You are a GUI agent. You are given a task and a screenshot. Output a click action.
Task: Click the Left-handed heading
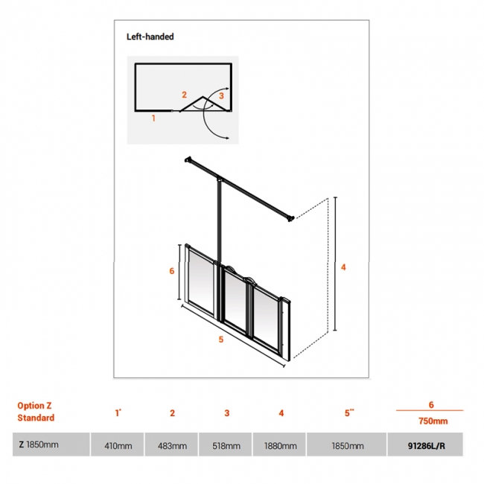tap(150, 36)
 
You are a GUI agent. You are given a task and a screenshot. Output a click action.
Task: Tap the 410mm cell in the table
tap(118, 446)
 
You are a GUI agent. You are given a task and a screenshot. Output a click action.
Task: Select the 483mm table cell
tap(172, 446)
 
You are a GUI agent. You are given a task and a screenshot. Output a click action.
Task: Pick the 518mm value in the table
tap(226, 446)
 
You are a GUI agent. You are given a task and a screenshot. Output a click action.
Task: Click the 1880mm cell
tap(280, 446)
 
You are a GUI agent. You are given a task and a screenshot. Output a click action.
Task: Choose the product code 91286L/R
tap(426, 446)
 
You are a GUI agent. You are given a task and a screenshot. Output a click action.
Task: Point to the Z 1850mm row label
tap(39, 445)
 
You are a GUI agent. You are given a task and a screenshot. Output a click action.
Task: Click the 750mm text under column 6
tap(433, 421)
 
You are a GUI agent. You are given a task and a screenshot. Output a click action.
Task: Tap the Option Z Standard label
tap(36, 412)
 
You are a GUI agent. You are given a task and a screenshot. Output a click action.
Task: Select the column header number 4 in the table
tap(281, 413)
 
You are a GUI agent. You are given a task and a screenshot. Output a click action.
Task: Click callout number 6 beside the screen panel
tap(172, 271)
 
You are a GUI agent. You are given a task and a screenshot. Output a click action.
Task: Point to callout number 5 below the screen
tap(220, 340)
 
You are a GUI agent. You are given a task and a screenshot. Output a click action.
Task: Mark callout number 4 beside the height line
tap(343, 267)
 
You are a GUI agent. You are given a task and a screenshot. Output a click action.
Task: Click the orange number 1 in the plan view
tap(153, 118)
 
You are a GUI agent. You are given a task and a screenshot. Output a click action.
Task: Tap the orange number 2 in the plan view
tap(184, 95)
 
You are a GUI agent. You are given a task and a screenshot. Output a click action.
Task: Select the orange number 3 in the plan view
tap(221, 96)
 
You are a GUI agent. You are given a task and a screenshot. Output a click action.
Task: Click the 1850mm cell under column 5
tap(348, 446)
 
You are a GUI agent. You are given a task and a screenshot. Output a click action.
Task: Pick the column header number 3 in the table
tap(227, 413)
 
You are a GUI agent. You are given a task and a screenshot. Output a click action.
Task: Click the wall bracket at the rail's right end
tap(290, 219)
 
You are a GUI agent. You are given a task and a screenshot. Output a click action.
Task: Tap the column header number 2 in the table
tap(172, 413)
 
